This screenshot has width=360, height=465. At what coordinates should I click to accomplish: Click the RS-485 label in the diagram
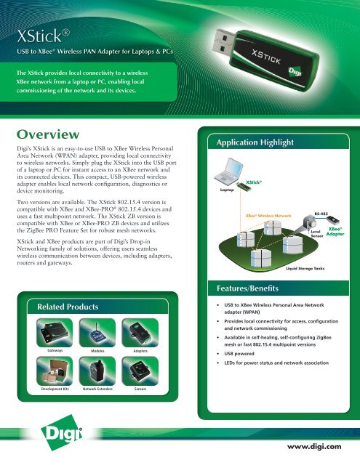321,215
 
